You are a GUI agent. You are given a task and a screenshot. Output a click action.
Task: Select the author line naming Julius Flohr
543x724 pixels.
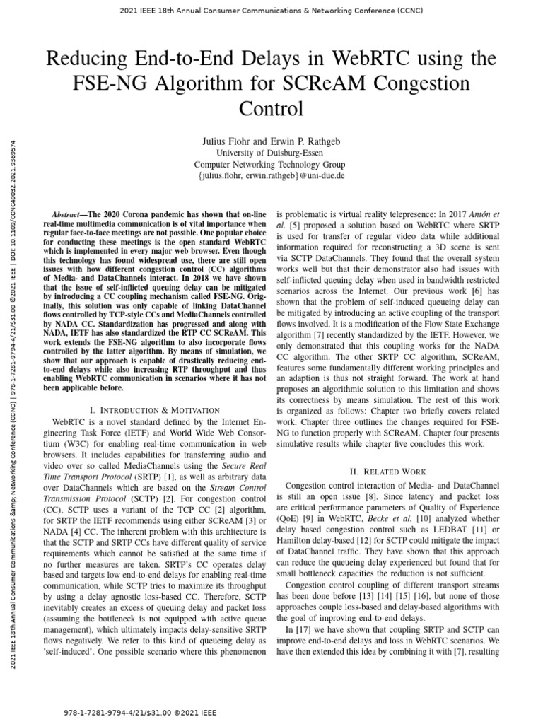[x=271, y=142]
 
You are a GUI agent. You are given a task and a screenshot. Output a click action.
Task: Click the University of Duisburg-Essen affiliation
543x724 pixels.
[x=271, y=153]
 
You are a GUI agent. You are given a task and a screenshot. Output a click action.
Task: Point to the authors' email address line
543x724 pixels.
[x=271, y=175]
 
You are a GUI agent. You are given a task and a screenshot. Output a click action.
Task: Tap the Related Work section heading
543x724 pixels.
[x=390, y=471]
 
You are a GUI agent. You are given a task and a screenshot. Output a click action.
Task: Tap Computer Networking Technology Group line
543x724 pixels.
[x=271, y=164]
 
